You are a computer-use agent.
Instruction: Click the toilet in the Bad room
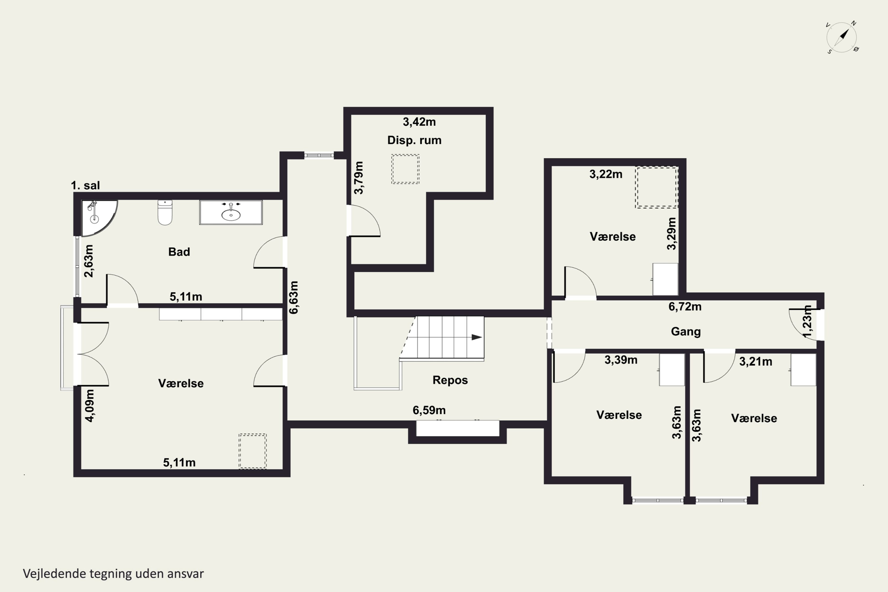click(165, 212)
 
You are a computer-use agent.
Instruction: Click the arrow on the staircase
click(477, 337)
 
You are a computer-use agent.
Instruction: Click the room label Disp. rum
click(414, 140)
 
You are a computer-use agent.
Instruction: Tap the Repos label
click(450, 380)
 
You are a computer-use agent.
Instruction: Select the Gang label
click(686, 332)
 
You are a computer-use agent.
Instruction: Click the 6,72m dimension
click(685, 307)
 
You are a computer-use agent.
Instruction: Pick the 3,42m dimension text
click(419, 122)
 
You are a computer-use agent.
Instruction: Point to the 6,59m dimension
click(429, 410)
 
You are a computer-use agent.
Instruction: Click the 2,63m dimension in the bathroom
click(89, 261)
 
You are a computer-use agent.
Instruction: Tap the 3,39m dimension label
click(621, 360)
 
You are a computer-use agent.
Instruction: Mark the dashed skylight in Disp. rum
click(405, 169)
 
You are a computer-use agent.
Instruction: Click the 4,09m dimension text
click(90, 406)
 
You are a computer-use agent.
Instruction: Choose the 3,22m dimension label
click(606, 174)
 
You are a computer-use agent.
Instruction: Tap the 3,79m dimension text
click(359, 178)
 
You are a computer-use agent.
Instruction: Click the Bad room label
click(179, 252)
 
